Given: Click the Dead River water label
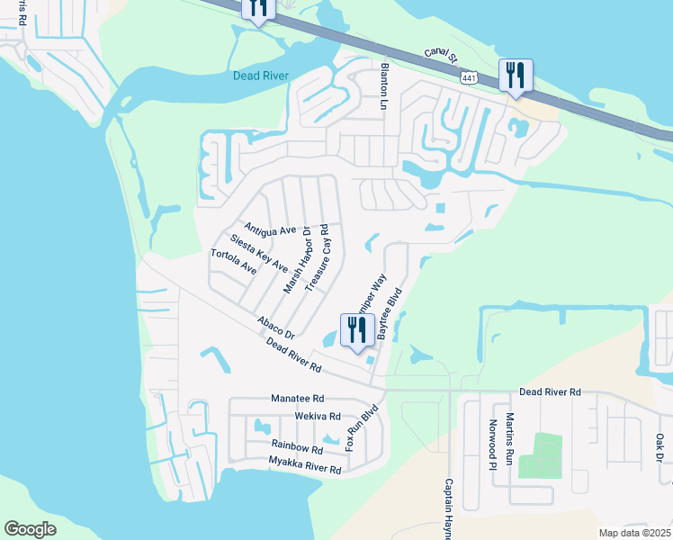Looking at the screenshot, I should pos(261,76).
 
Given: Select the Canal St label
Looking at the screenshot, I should pos(443,61).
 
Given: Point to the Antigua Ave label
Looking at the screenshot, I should pos(270,230).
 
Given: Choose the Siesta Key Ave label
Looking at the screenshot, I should pos(258,254).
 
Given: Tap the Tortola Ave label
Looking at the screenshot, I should pos(233,261).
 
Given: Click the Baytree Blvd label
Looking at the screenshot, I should pos(388,314).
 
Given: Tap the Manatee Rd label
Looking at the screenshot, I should pos(297,398).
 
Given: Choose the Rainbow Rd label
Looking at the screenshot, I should pos(297,447).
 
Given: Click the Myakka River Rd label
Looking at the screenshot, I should pos(305,465).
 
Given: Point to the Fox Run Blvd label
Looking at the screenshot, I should pos(358,428).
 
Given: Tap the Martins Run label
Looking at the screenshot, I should pos(509,435).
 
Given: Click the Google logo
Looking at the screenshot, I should pos(30,529).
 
